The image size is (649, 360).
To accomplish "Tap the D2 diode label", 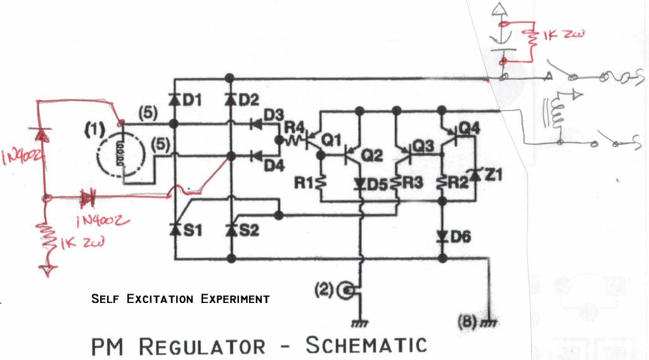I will point(250,100).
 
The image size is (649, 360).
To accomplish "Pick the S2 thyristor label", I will point(250,230).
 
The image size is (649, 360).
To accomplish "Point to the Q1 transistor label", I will point(332,140).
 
